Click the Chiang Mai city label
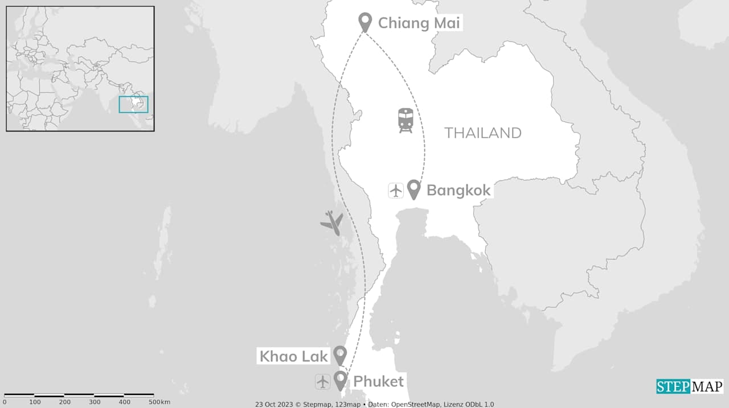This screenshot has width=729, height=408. (x=419, y=23)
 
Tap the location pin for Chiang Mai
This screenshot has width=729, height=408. (x=365, y=22)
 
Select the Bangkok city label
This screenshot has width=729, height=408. (x=458, y=190)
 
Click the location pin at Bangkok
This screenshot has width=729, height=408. (x=413, y=189)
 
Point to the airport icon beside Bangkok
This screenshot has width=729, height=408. (x=396, y=190)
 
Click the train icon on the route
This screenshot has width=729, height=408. (x=405, y=121)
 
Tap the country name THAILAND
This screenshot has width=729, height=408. (x=483, y=133)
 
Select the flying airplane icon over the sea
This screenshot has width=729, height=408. (x=331, y=222)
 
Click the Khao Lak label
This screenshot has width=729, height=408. (x=294, y=356)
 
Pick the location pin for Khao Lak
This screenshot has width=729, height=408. (x=340, y=355)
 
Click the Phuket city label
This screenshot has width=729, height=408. (x=378, y=381)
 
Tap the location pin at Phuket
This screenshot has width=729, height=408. (x=341, y=380)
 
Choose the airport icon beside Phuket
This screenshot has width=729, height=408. (x=323, y=382)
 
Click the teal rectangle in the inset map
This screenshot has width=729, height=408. (x=133, y=105)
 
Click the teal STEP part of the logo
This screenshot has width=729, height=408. (x=673, y=387)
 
